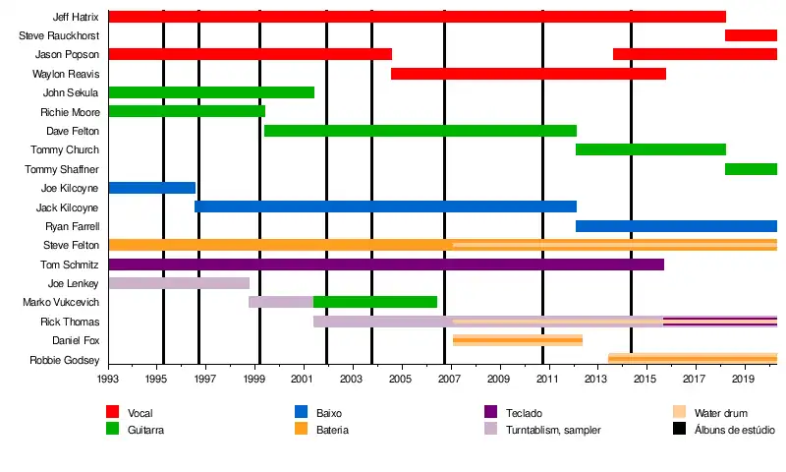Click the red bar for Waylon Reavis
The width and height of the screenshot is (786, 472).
click(528, 74)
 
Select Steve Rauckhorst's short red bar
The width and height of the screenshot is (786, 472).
click(751, 35)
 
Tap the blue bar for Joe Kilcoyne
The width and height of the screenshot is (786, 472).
click(151, 188)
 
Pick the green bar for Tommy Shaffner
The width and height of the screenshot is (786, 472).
click(751, 169)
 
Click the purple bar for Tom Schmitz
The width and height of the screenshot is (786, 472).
click(385, 265)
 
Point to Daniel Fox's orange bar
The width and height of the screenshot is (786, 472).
click(517, 340)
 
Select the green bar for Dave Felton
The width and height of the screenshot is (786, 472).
click(420, 131)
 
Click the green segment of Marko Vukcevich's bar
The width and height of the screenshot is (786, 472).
click(374, 302)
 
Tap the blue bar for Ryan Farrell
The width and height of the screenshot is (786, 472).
click(676, 226)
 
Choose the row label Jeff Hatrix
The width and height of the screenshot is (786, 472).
click(75, 17)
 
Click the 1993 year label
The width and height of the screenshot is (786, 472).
click(108, 379)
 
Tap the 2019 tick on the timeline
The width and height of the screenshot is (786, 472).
click(741, 379)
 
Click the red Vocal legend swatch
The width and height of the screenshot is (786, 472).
click(113, 413)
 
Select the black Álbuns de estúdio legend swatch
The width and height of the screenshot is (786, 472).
click(680, 430)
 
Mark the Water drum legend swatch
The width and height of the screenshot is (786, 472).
click(680, 413)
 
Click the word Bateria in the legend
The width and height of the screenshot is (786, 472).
click(332, 430)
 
